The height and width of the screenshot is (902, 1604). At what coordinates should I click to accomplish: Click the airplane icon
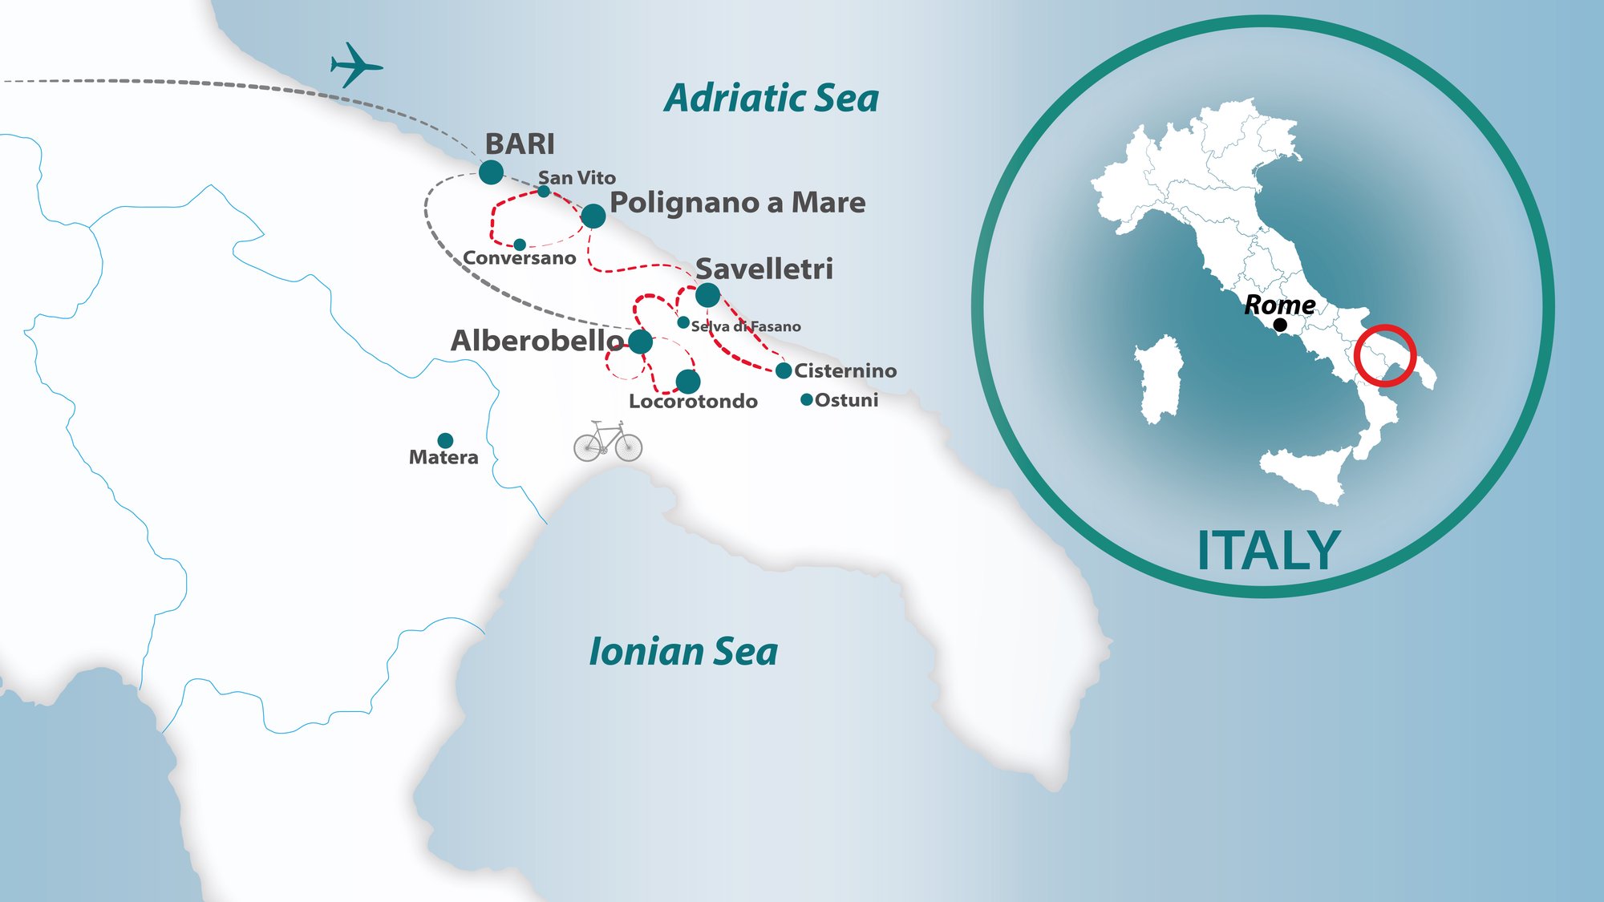(355, 65)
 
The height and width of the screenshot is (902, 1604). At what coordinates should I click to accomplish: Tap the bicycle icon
(608, 442)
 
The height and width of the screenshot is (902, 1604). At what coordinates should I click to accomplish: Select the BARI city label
(520, 144)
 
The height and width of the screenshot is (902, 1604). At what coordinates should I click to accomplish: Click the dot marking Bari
(491, 172)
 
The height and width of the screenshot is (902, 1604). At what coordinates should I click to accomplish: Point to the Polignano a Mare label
(737, 203)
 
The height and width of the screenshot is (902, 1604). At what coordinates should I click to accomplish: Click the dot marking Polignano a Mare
(593, 216)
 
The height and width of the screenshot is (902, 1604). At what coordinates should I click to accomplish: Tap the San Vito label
(577, 178)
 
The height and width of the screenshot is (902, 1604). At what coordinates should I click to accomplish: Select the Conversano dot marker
(520, 244)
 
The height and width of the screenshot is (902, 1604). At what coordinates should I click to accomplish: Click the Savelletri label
(764, 269)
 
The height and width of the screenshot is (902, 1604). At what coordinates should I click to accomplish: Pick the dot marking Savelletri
(707, 295)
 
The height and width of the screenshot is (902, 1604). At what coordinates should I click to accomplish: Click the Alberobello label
(537, 341)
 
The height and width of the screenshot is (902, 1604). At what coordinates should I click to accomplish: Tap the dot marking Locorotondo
(688, 382)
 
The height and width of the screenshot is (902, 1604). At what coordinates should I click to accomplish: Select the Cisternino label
(845, 371)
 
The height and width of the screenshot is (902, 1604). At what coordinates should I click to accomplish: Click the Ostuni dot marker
(807, 399)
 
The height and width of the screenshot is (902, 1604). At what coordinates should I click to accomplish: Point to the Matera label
(444, 458)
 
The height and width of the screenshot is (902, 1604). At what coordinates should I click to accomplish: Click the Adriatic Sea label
(772, 99)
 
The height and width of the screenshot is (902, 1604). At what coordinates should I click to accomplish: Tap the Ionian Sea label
(683, 652)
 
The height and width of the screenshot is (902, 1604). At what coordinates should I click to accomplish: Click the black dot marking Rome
(1280, 325)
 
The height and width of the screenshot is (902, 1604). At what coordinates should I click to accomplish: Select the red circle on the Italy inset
(1385, 355)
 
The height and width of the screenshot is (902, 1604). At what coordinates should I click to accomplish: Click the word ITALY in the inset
(1268, 551)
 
